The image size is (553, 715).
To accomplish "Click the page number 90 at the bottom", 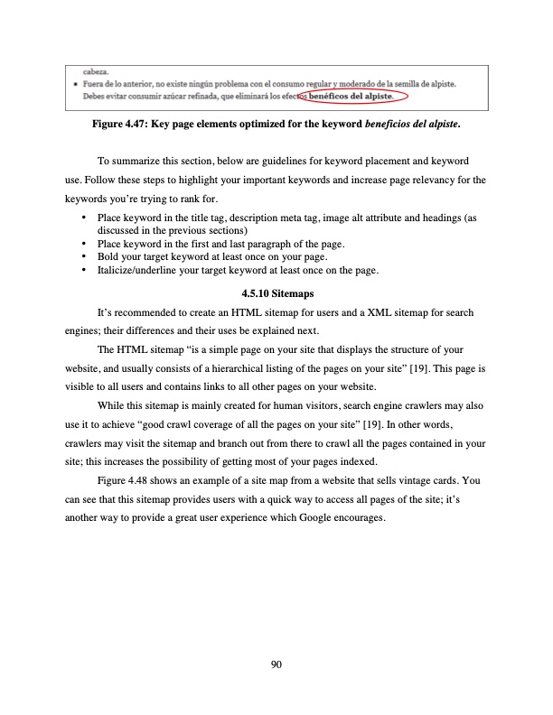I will coord(276,665).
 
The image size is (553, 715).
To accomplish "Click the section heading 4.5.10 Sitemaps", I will coord(276,293).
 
